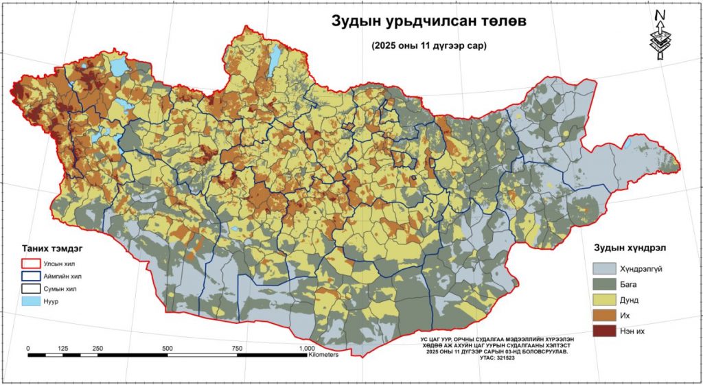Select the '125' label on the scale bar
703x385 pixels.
pos(63,349)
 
